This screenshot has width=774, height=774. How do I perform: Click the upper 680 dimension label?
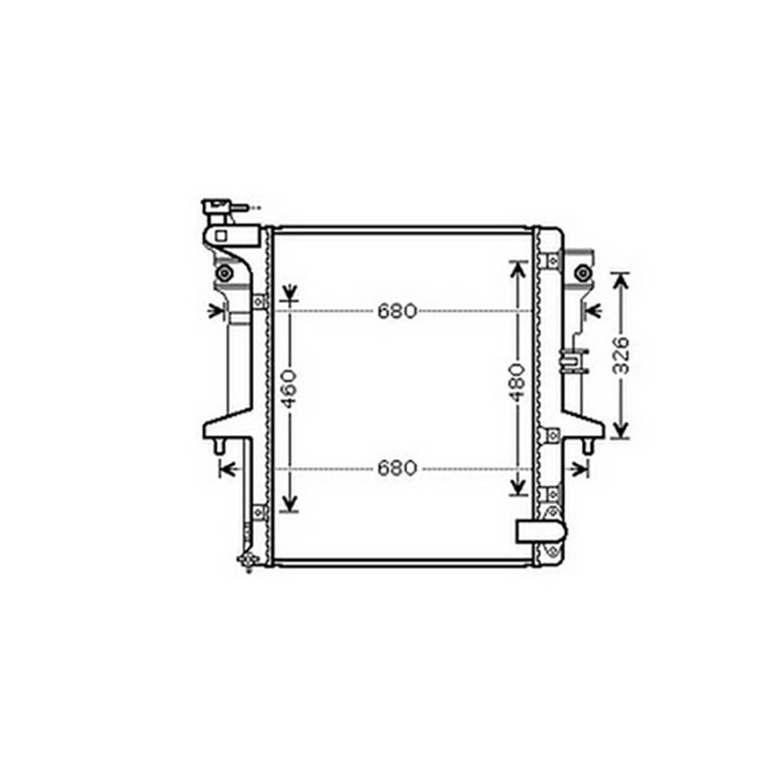click(397, 311)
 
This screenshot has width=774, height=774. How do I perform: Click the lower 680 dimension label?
click(397, 468)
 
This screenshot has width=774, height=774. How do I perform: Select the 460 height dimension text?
click(289, 389)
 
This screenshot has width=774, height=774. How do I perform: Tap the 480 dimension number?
click(518, 383)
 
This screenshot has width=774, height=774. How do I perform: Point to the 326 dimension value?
click(622, 355)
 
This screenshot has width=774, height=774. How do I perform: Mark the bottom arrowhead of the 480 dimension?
click(518, 486)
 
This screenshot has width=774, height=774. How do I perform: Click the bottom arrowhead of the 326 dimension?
click(621, 428)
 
